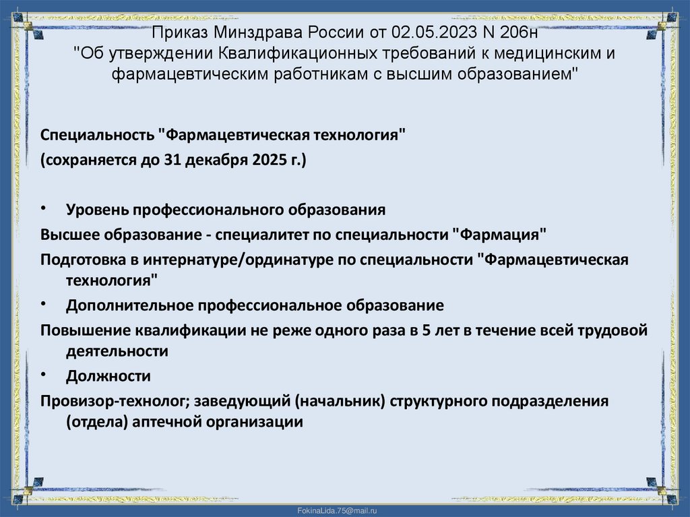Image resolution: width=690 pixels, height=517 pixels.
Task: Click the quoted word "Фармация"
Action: click(499, 235)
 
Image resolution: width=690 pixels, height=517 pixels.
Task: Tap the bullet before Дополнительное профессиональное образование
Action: click(43, 303)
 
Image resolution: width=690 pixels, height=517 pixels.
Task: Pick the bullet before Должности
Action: click(43, 373)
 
